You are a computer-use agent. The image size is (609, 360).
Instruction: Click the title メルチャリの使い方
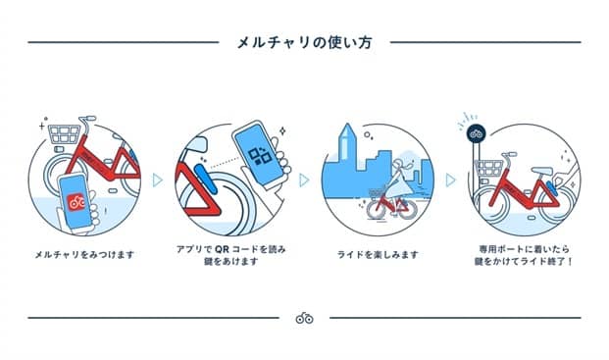click(x=304, y=43)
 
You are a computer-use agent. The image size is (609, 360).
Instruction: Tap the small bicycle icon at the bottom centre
click(x=304, y=318)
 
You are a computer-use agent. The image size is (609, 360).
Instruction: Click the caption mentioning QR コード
click(x=228, y=255)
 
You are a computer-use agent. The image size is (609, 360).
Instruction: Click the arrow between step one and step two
click(x=156, y=180)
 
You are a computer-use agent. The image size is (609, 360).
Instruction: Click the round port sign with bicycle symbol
click(x=478, y=133)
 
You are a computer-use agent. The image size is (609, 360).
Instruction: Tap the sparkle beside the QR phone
click(x=282, y=129)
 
